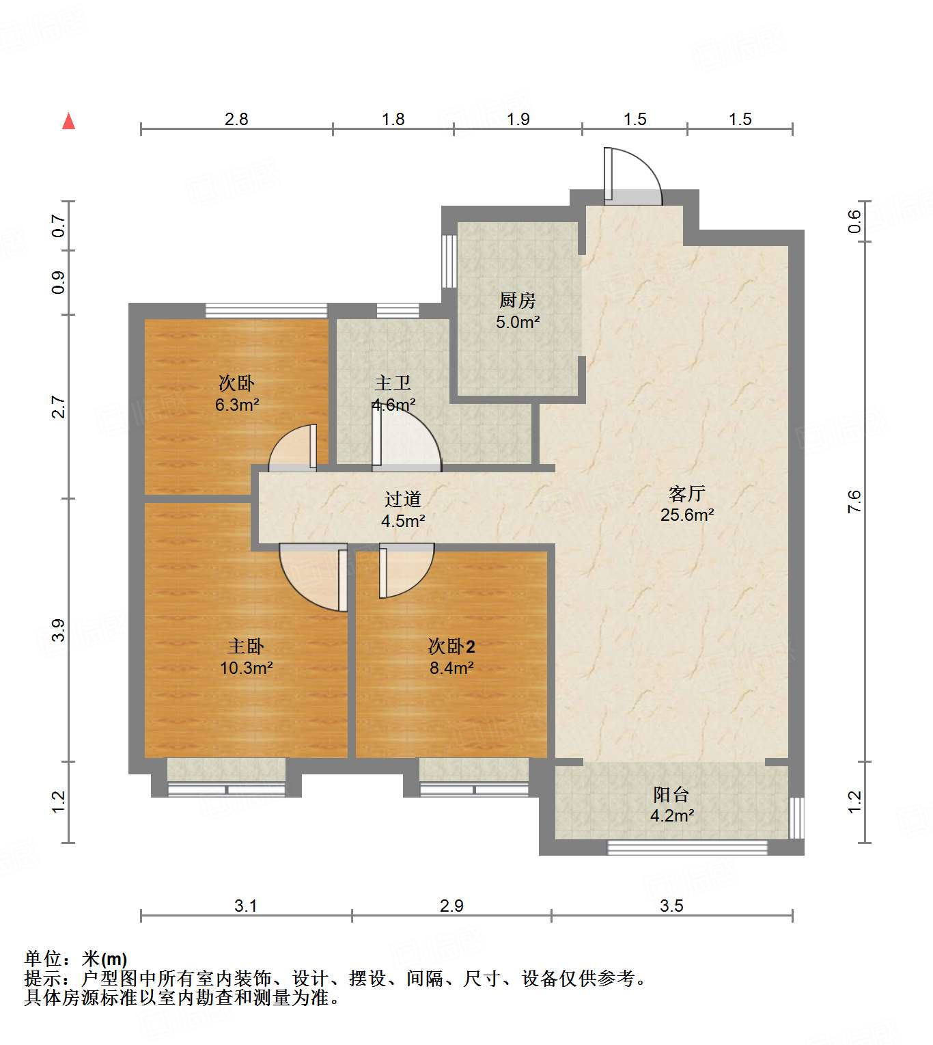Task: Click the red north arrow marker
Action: (x=68, y=121)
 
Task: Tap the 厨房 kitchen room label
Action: (x=517, y=300)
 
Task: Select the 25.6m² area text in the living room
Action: (x=687, y=515)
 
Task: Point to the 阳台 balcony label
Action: (x=671, y=794)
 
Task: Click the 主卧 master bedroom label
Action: (x=246, y=646)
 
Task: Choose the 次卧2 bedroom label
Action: (x=451, y=646)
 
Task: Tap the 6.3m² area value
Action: (x=237, y=405)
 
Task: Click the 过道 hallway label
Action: (x=403, y=499)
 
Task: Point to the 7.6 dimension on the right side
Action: (x=854, y=502)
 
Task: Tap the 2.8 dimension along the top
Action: (x=236, y=119)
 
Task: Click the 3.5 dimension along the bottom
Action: (x=671, y=906)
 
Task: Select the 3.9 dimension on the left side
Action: (x=59, y=629)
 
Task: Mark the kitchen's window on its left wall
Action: (x=449, y=261)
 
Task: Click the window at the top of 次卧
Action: (x=266, y=310)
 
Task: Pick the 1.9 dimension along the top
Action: (x=518, y=119)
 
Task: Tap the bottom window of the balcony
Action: (x=687, y=847)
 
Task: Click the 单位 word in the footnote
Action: (x=42, y=959)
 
